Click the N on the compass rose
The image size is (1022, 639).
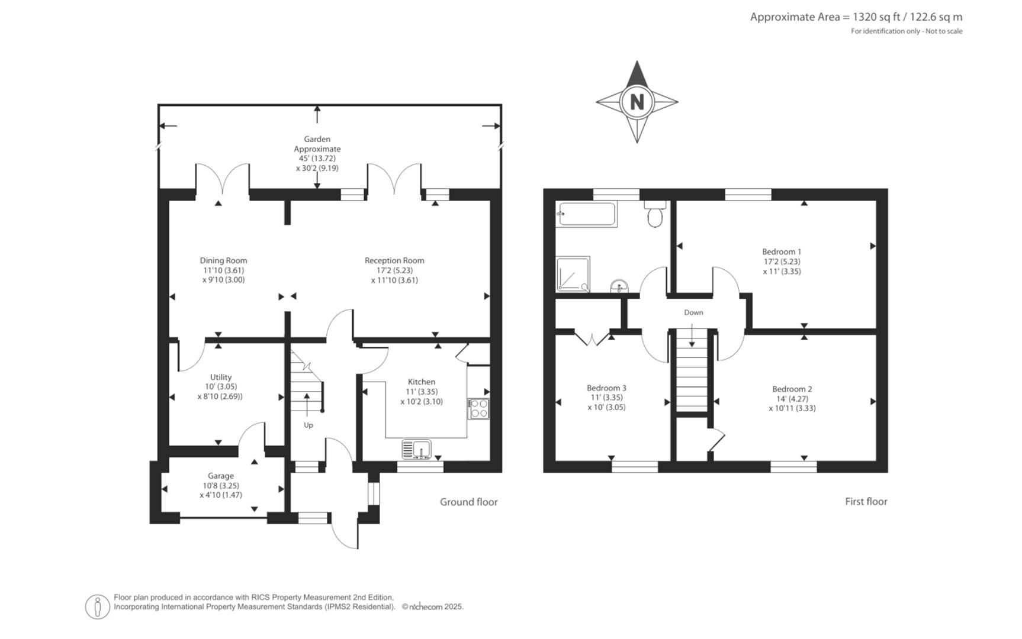[x=637, y=102]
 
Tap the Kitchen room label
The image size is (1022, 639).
[x=421, y=382]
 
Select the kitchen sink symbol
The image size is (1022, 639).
[x=416, y=450]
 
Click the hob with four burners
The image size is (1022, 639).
[x=478, y=409]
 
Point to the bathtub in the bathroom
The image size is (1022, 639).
[x=587, y=214]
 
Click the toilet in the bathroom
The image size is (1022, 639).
[x=655, y=215]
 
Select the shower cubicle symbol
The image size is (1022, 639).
[x=573, y=274]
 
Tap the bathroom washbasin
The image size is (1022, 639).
[x=620, y=287]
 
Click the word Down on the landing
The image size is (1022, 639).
[x=693, y=312]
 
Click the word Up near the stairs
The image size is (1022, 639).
[x=308, y=425]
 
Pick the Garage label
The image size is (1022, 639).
[x=220, y=476]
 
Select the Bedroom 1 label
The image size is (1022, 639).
[x=782, y=251]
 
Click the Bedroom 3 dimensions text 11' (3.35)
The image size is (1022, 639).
[x=606, y=398]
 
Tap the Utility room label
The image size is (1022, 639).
[x=220, y=377]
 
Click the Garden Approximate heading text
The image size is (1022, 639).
[x=317, y=144]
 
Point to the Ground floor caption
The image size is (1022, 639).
[x=468, y=502]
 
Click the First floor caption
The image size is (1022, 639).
[x=866, y=501]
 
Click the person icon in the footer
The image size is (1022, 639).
[x=97, y=606]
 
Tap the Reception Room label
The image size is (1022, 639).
[x=394, y=260]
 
